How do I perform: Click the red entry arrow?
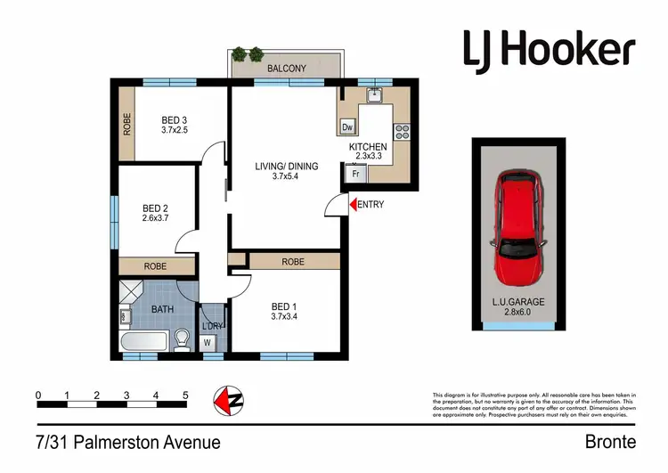[x=352, y=205]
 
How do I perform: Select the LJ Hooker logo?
[x=549, y=49]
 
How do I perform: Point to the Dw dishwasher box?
[x=348, y=127]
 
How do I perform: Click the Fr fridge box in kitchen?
[x=354, y=175]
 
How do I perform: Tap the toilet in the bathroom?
[x=182, y=339]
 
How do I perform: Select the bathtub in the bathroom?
[x=143, y=341]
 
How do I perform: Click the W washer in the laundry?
[x=207, y=340]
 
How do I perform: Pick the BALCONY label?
[x=286, y=68]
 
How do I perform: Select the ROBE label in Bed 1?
[x=293, y=262]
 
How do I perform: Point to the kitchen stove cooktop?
[x=401, y=132]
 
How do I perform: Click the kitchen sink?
[x=375, y=94]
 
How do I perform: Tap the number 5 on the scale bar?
[x=185, y=396]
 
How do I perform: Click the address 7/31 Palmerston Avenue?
[x=129, y=442]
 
